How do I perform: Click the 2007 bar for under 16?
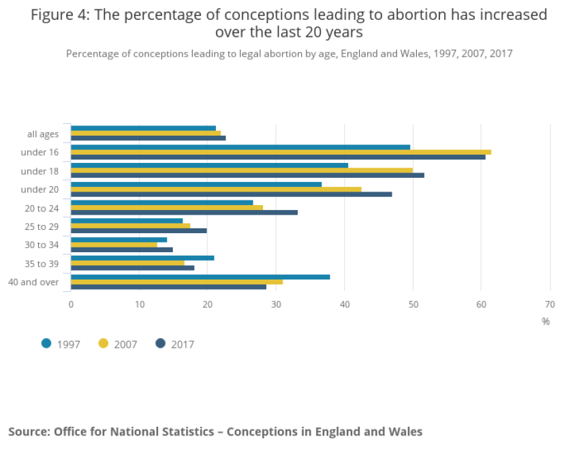coord(281,152)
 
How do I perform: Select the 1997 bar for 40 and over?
coord(200,277)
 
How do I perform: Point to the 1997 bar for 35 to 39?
coord(142,258)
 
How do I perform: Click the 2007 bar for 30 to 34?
coord(114,244)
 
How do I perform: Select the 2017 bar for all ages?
coord(148,138)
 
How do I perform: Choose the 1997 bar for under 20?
coord(196,184)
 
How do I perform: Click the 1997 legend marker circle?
coord(46,344)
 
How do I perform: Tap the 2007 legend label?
coord(126,344)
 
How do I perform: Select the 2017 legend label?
coord(183,344)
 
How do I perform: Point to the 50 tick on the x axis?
coord(413,304)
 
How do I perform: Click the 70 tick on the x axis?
coord(550,304)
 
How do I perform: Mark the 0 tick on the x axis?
coord(71,304)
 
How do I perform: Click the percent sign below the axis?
coord(546,321)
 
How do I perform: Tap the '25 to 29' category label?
coord(42,226)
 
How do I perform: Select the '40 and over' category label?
coord(34,282)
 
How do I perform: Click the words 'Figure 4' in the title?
coord(61,15)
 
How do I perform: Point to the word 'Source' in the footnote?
coord(28,432)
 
